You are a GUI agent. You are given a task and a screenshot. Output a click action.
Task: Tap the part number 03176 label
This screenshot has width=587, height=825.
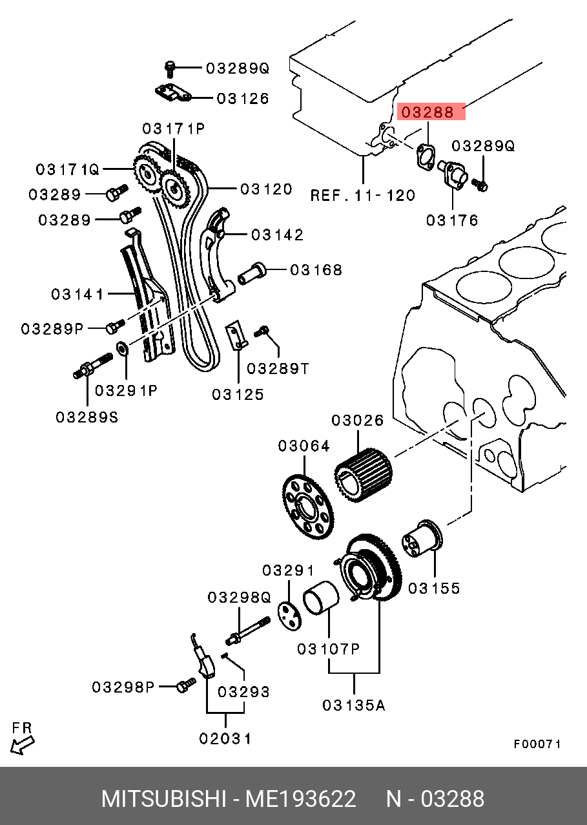(x=452, y=220)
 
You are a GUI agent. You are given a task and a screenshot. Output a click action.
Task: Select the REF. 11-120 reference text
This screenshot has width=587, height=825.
(x=363, y=195)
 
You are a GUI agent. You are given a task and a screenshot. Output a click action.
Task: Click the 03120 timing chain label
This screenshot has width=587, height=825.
(x=266, y=189)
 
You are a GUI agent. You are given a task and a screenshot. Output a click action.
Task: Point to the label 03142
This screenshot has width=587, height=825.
(x=277, y=235)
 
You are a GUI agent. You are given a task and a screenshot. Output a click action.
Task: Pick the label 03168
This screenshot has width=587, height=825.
(x=316, y=270)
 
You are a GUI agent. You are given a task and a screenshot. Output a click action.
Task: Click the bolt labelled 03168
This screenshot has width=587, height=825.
(x=251, y=273)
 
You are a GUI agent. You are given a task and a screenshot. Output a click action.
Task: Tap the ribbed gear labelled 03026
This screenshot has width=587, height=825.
(x=364, y=475)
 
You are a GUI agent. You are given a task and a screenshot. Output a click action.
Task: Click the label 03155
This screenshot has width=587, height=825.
(x=434, y=588)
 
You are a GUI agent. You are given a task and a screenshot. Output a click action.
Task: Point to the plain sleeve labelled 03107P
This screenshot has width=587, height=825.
(x=321, y=598)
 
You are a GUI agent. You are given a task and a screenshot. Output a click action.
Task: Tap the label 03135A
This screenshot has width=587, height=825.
(x=353, y=705)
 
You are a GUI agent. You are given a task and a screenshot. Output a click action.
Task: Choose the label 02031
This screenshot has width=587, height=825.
(x=225, y=738)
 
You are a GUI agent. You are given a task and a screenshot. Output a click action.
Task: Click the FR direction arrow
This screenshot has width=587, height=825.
(x=22, y=746)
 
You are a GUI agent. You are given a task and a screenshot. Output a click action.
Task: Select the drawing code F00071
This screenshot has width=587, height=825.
(x=537, y=744)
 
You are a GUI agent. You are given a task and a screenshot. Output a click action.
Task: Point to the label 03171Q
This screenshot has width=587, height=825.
(x=68, y=170)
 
